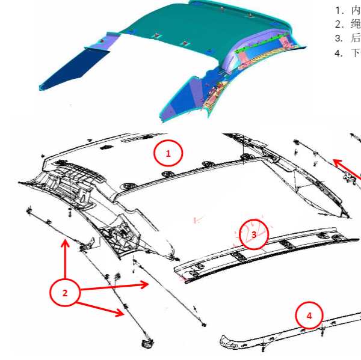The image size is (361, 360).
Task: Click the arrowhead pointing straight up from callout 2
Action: [x=65, y=243]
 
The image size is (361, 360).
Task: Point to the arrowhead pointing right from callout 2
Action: [x=144, y=284]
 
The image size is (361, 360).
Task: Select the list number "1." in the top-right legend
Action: [x=339, y=11]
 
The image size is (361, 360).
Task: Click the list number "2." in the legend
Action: [x=339, y=25]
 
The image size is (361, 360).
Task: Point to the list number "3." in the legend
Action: [x=339, y=38]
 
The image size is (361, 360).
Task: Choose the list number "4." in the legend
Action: [x=339, y=53]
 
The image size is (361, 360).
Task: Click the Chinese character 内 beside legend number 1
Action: [x=356, y=11]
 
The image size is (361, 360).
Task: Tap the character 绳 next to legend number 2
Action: [x=356, y=24]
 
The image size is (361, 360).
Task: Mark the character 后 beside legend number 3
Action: [x=356, y=38]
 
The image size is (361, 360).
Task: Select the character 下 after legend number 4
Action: [x=356, y=53]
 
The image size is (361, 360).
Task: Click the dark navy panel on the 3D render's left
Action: [x=73, y=69]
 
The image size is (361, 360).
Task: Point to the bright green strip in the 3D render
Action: [x=261, y=43]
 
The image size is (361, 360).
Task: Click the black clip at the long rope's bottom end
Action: [x=147, y=343]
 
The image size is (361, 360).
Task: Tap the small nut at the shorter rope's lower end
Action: [x=203, y=325]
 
